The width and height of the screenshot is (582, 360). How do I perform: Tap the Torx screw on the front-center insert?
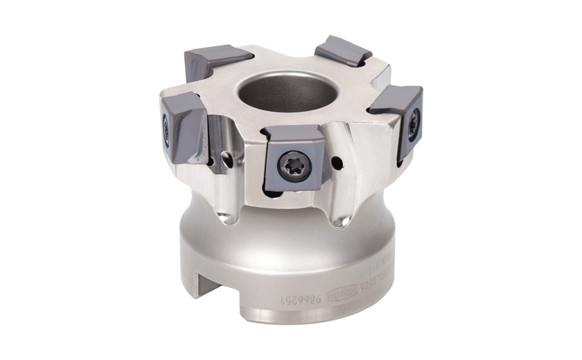tap(288, 165)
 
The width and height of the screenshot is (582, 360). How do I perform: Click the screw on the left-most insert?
tap(166, 127)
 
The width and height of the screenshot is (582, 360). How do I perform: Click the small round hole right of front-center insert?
tap(335, 163)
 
